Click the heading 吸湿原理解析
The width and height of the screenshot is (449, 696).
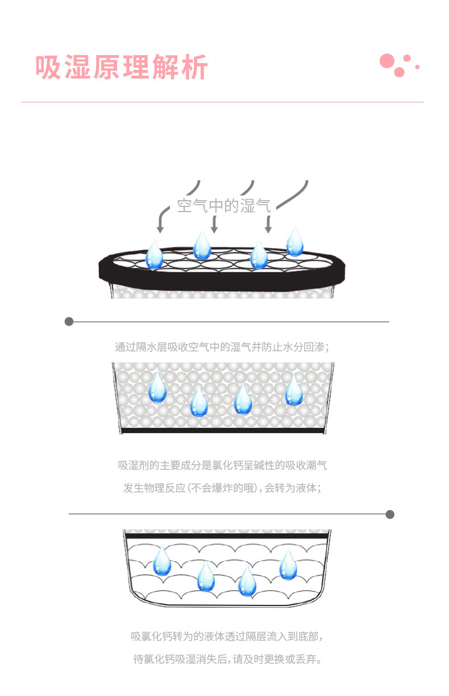(122, 67)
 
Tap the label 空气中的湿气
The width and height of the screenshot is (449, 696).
(223, 205)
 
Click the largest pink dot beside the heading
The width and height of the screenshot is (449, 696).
(387, 61)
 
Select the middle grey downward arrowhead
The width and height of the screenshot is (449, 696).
(214, 229)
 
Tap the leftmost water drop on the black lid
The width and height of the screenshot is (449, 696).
(154, 255)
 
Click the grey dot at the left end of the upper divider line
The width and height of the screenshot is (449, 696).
(69, 322)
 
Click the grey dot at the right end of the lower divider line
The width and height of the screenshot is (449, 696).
(390, 515)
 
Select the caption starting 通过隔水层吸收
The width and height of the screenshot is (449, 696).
(222, 347)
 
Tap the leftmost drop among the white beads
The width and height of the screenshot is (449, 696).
(157, 389)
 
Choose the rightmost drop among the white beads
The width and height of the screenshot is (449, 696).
(294, 391)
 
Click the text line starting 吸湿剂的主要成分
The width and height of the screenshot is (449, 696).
(222, 466)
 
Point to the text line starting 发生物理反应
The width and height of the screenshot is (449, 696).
(222, 488)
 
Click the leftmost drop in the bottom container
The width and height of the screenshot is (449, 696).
(162, 561)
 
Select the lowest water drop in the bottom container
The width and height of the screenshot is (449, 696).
(247, 582)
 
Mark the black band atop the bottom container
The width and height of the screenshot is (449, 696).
(227, 536)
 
